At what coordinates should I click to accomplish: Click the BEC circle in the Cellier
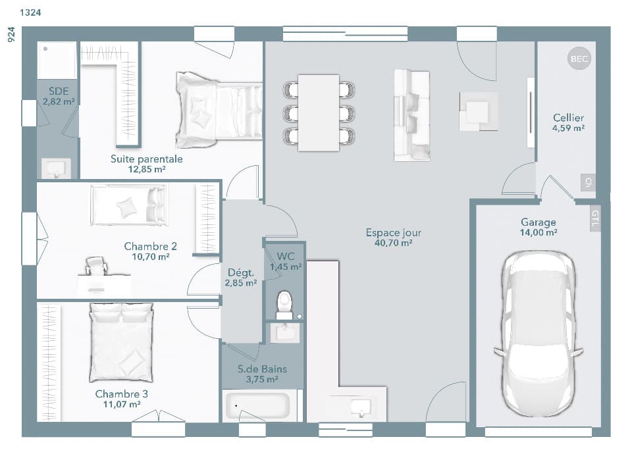[579, 59]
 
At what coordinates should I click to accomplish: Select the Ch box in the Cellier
[587, 183]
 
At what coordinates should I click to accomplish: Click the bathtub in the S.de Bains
[257, 406]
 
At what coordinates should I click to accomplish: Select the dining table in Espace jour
[319, 113]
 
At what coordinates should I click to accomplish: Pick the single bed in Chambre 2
[129, 205]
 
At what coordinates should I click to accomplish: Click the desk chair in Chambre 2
[97, 267]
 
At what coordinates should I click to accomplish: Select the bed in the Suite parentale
[219, 109]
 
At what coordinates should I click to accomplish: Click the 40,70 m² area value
[393, 243]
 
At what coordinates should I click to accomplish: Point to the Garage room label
[538, 222]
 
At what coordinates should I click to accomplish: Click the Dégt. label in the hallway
[241, 272]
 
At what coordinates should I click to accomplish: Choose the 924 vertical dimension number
[11, 35]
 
